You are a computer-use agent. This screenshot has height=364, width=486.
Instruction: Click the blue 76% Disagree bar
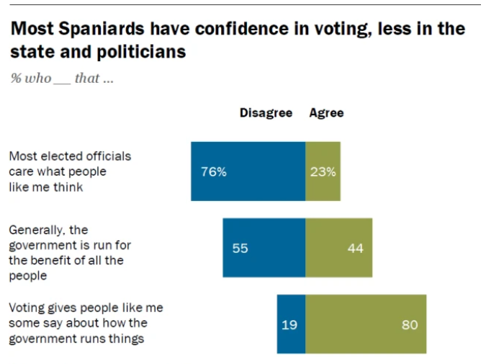point(248,171)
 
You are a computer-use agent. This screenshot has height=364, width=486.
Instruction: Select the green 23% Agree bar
point(323,171)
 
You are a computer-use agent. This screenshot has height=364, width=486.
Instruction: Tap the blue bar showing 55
point(264,247)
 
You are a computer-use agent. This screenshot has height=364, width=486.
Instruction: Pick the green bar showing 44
point(338,247)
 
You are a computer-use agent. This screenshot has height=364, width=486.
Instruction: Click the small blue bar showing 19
point(291,324)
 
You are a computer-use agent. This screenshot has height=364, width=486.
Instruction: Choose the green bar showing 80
point(366,324)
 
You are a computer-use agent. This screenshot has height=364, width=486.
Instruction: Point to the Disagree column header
point(266,112)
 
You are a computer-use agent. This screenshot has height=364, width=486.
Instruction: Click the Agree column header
point(326,112)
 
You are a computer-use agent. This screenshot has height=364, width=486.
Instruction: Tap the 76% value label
point(214,172)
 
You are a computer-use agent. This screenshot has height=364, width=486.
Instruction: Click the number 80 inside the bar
point(408,324)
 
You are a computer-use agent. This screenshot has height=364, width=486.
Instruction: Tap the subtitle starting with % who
point(61,79)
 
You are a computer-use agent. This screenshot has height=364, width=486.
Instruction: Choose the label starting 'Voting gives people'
point(85,323)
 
